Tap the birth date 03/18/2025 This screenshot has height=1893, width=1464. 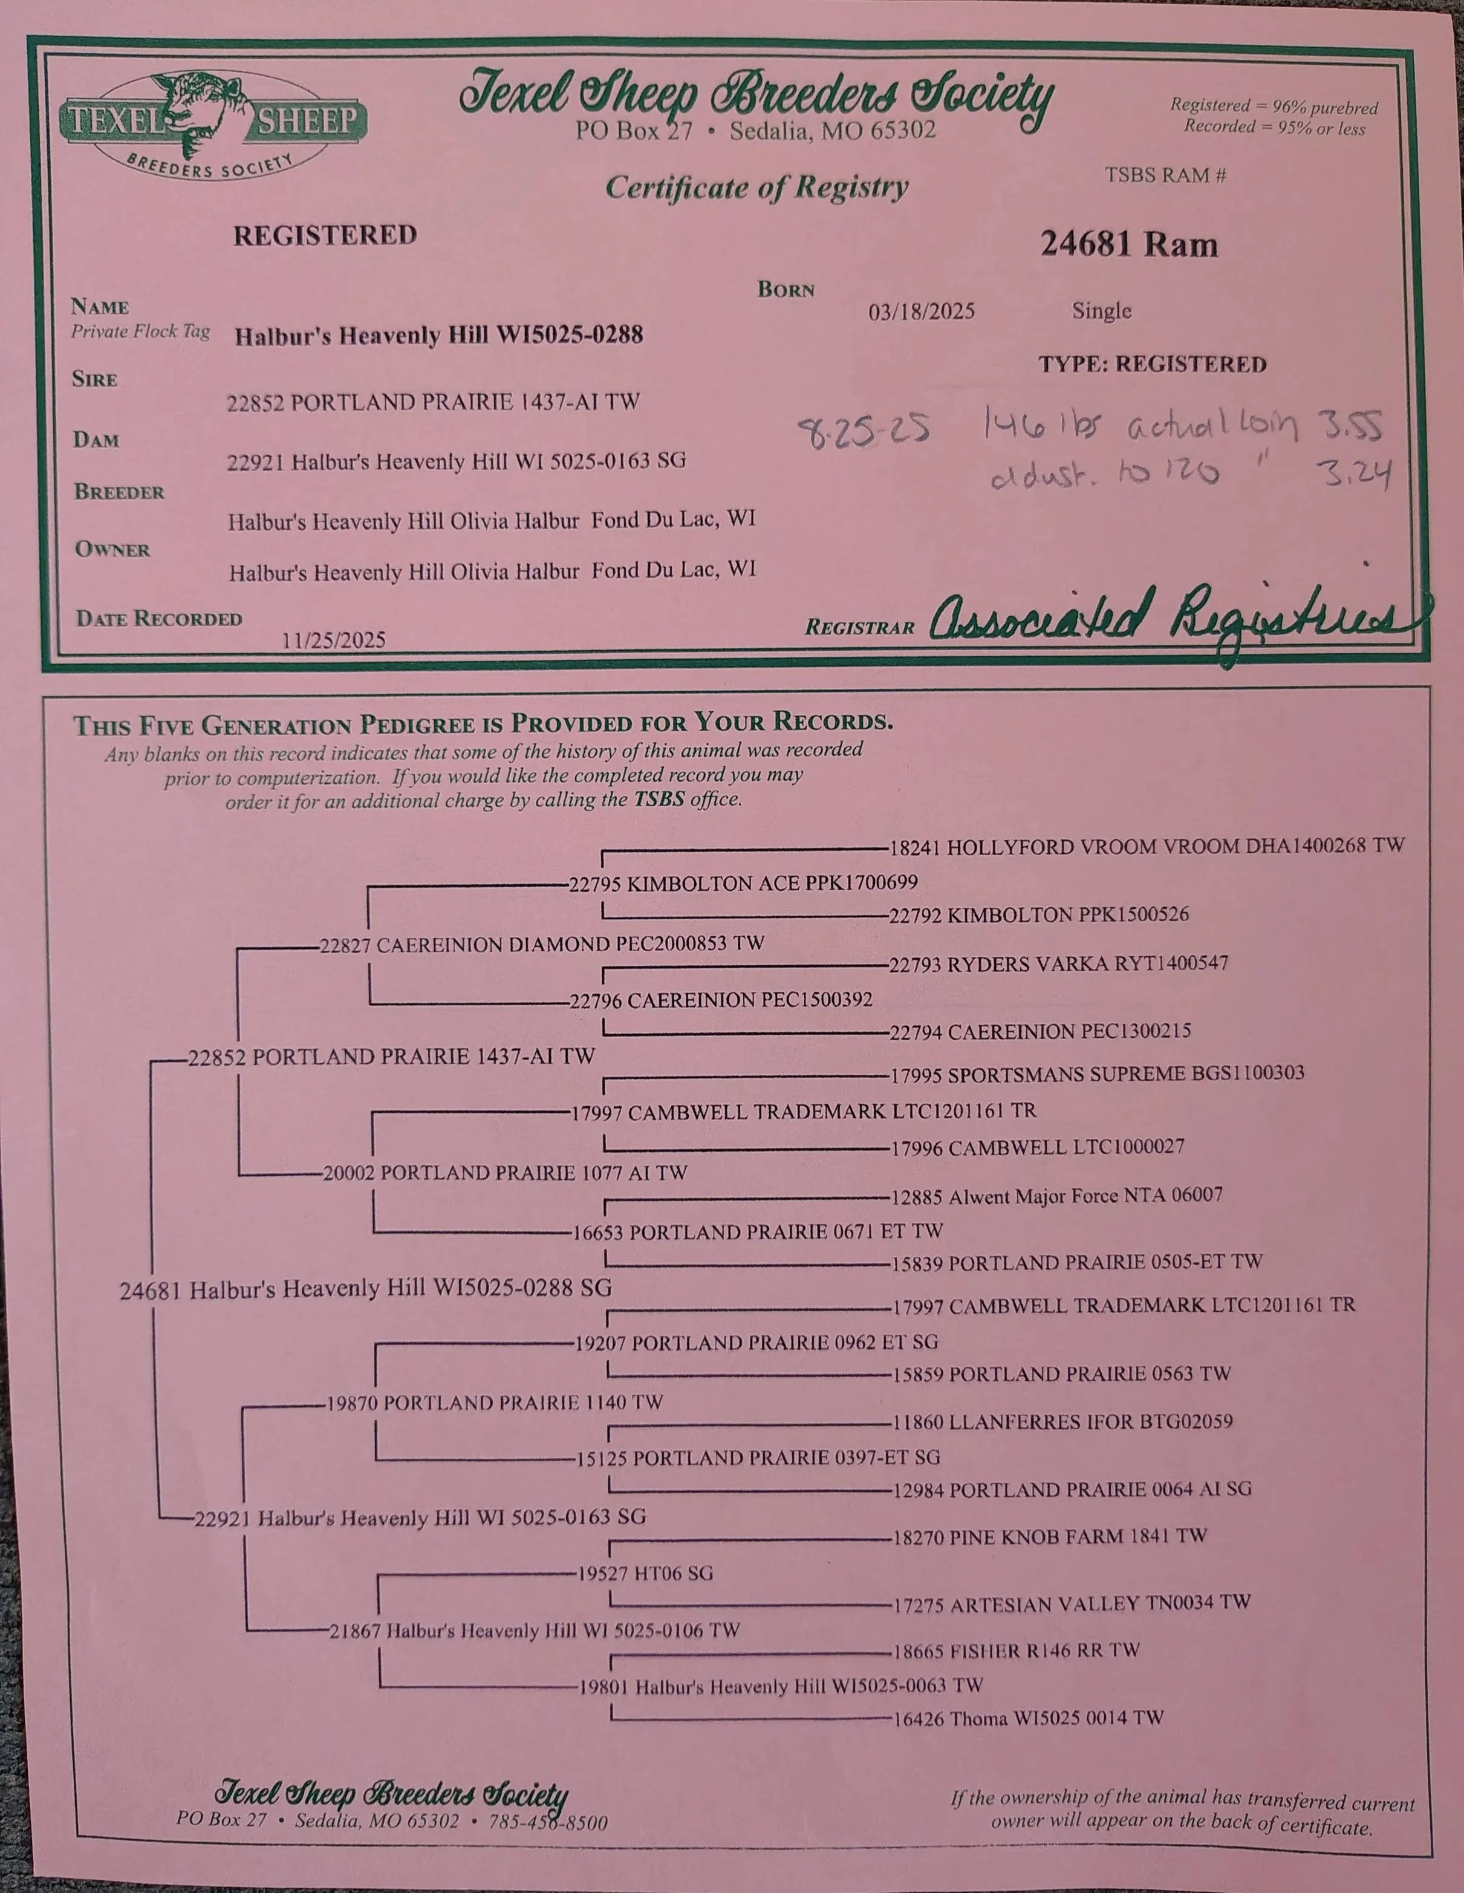point(922,311)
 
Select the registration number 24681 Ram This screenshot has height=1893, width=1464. point(1128,244)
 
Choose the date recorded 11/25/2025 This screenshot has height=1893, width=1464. point(334,640)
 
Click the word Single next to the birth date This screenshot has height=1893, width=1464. point(1101,310)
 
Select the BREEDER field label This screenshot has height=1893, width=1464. point(119,492)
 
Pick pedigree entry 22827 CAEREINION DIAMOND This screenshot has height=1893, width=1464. point(542,944)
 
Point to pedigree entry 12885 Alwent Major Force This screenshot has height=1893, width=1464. point(1056,1197)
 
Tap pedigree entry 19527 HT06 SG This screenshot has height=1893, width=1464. point(645,1573)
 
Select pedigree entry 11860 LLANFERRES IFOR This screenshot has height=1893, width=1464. point(1062,1421)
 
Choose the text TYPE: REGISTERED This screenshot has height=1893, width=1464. point(1152,364)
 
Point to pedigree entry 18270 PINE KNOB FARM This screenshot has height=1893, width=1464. point(1050,1537)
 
